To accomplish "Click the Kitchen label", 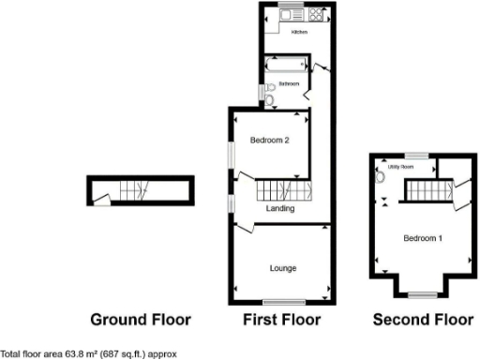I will [x=299, y=33].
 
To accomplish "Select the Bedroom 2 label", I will [x=268, y=141].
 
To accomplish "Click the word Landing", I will [x=281, y=209].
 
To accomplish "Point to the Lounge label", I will [x=283, y=269].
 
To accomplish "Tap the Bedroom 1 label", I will [x=423, y=238].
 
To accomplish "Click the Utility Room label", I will [x=414, y=167].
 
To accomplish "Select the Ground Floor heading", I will [x=141, y=320].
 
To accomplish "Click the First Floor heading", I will [x=281, y=320].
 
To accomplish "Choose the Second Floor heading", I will [x=423, y=320].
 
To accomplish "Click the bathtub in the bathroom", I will [x=284, y=67].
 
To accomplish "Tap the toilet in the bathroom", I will [x=270, y=99].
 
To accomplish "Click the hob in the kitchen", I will [x=314, y=16].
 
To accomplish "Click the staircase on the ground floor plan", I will [x=130, y=190].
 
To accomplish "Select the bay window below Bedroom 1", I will [x=422, y=293].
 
